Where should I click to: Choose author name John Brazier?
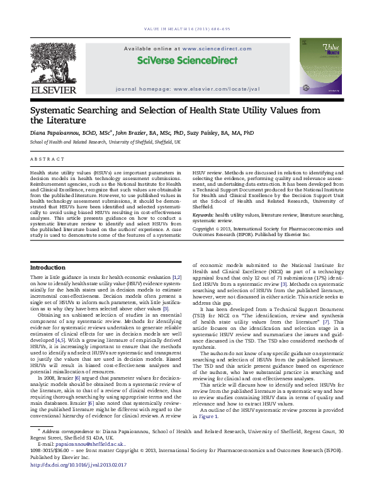[129, 133]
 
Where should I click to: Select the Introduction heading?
[48, 268]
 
